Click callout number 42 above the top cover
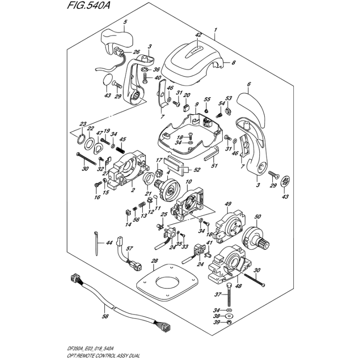pos(198,35)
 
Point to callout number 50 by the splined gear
pos(257,217)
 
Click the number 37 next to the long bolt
pos(219,295)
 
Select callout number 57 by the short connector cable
pos(130,249)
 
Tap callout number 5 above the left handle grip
pos(125,22)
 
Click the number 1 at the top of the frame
pos(216,31)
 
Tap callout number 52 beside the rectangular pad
pos(196,170)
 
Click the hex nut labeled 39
pos(229,322)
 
